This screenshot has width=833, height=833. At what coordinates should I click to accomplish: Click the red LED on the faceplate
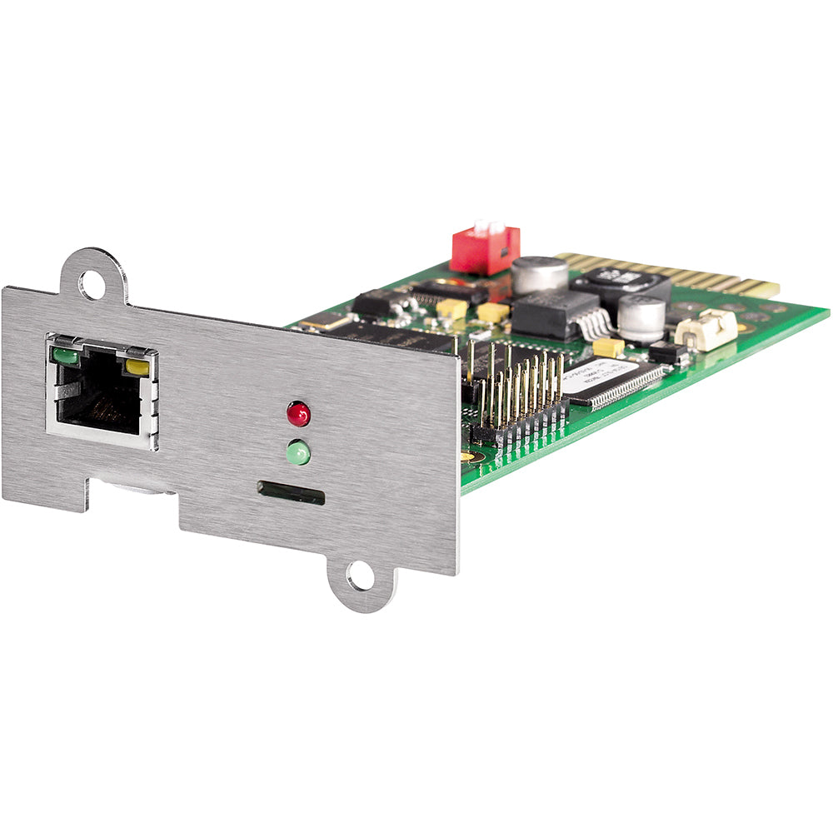pyautogui.click(x=298, y=413)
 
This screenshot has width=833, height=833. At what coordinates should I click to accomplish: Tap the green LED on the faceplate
pyautogui.click(x=298, y=452)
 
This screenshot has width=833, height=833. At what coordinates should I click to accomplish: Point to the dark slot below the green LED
pyautogui.click(x=291, y=492)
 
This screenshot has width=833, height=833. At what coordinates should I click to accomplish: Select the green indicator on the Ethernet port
pyautogui.click(x=65, y=357)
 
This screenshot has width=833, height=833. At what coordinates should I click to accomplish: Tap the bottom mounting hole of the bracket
pyautogui.click(x=360, y=576)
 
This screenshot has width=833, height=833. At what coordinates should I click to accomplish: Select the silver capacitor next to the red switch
pyautogui.click(x=539, y=275)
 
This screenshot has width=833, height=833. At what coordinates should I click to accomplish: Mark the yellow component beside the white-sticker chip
pyautogui.click(x=608, y=347)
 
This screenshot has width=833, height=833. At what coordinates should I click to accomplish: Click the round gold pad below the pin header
pyautogui.click(x=468, y=456)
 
